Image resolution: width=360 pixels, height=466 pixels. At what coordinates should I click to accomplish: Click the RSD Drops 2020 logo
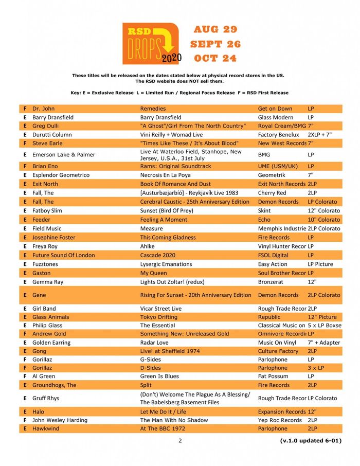click(151, 43)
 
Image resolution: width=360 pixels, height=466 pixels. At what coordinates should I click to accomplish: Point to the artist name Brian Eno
click(45, 166)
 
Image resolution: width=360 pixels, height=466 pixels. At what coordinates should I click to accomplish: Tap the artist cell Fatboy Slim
click(48, 210)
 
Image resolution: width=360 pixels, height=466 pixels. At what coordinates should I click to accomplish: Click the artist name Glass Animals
click(50, 317)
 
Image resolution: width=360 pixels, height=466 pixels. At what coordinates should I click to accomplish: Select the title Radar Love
click(155, 343)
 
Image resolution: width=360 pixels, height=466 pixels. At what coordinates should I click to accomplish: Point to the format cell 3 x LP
click(316, 368)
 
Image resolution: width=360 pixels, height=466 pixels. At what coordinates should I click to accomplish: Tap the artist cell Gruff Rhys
click(46, 398)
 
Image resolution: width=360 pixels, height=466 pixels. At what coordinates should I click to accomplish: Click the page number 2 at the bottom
click(180, 440)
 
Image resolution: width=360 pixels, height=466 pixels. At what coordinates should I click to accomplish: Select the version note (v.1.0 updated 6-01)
click(311, 441)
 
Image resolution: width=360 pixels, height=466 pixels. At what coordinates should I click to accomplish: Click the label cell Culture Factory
click(278, 351)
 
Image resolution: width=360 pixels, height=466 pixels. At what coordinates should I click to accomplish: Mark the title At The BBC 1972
click(163, 428)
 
